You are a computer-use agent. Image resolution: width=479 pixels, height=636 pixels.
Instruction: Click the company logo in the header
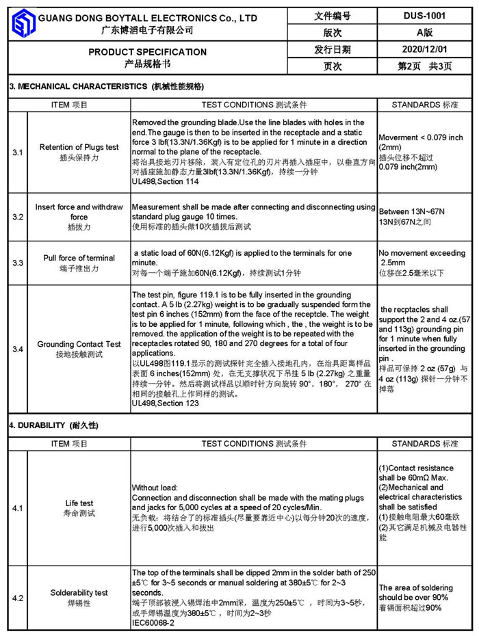tap(24, 24)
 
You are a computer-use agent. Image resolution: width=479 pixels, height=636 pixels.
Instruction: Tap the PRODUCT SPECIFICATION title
tap(147, 52)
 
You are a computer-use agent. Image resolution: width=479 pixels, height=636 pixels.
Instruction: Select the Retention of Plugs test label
tap(79, 148)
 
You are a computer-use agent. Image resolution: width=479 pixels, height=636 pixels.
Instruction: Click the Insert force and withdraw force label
tap(79, 212)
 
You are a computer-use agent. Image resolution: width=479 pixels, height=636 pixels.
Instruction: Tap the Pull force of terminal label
tap(79, 258)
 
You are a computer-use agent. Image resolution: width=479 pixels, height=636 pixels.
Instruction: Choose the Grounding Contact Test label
tap(79, 344)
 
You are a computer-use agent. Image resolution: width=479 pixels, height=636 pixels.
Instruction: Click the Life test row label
tap(79, 503)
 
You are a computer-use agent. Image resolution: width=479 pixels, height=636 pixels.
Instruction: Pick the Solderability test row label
tap(79, 593)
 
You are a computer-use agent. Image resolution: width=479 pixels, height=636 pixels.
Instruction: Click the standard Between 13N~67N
tap(411, 212)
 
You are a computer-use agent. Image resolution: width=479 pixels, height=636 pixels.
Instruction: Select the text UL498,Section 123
tap(165, 403)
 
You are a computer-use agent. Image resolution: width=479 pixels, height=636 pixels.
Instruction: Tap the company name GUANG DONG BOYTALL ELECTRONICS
tap(147, 18)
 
